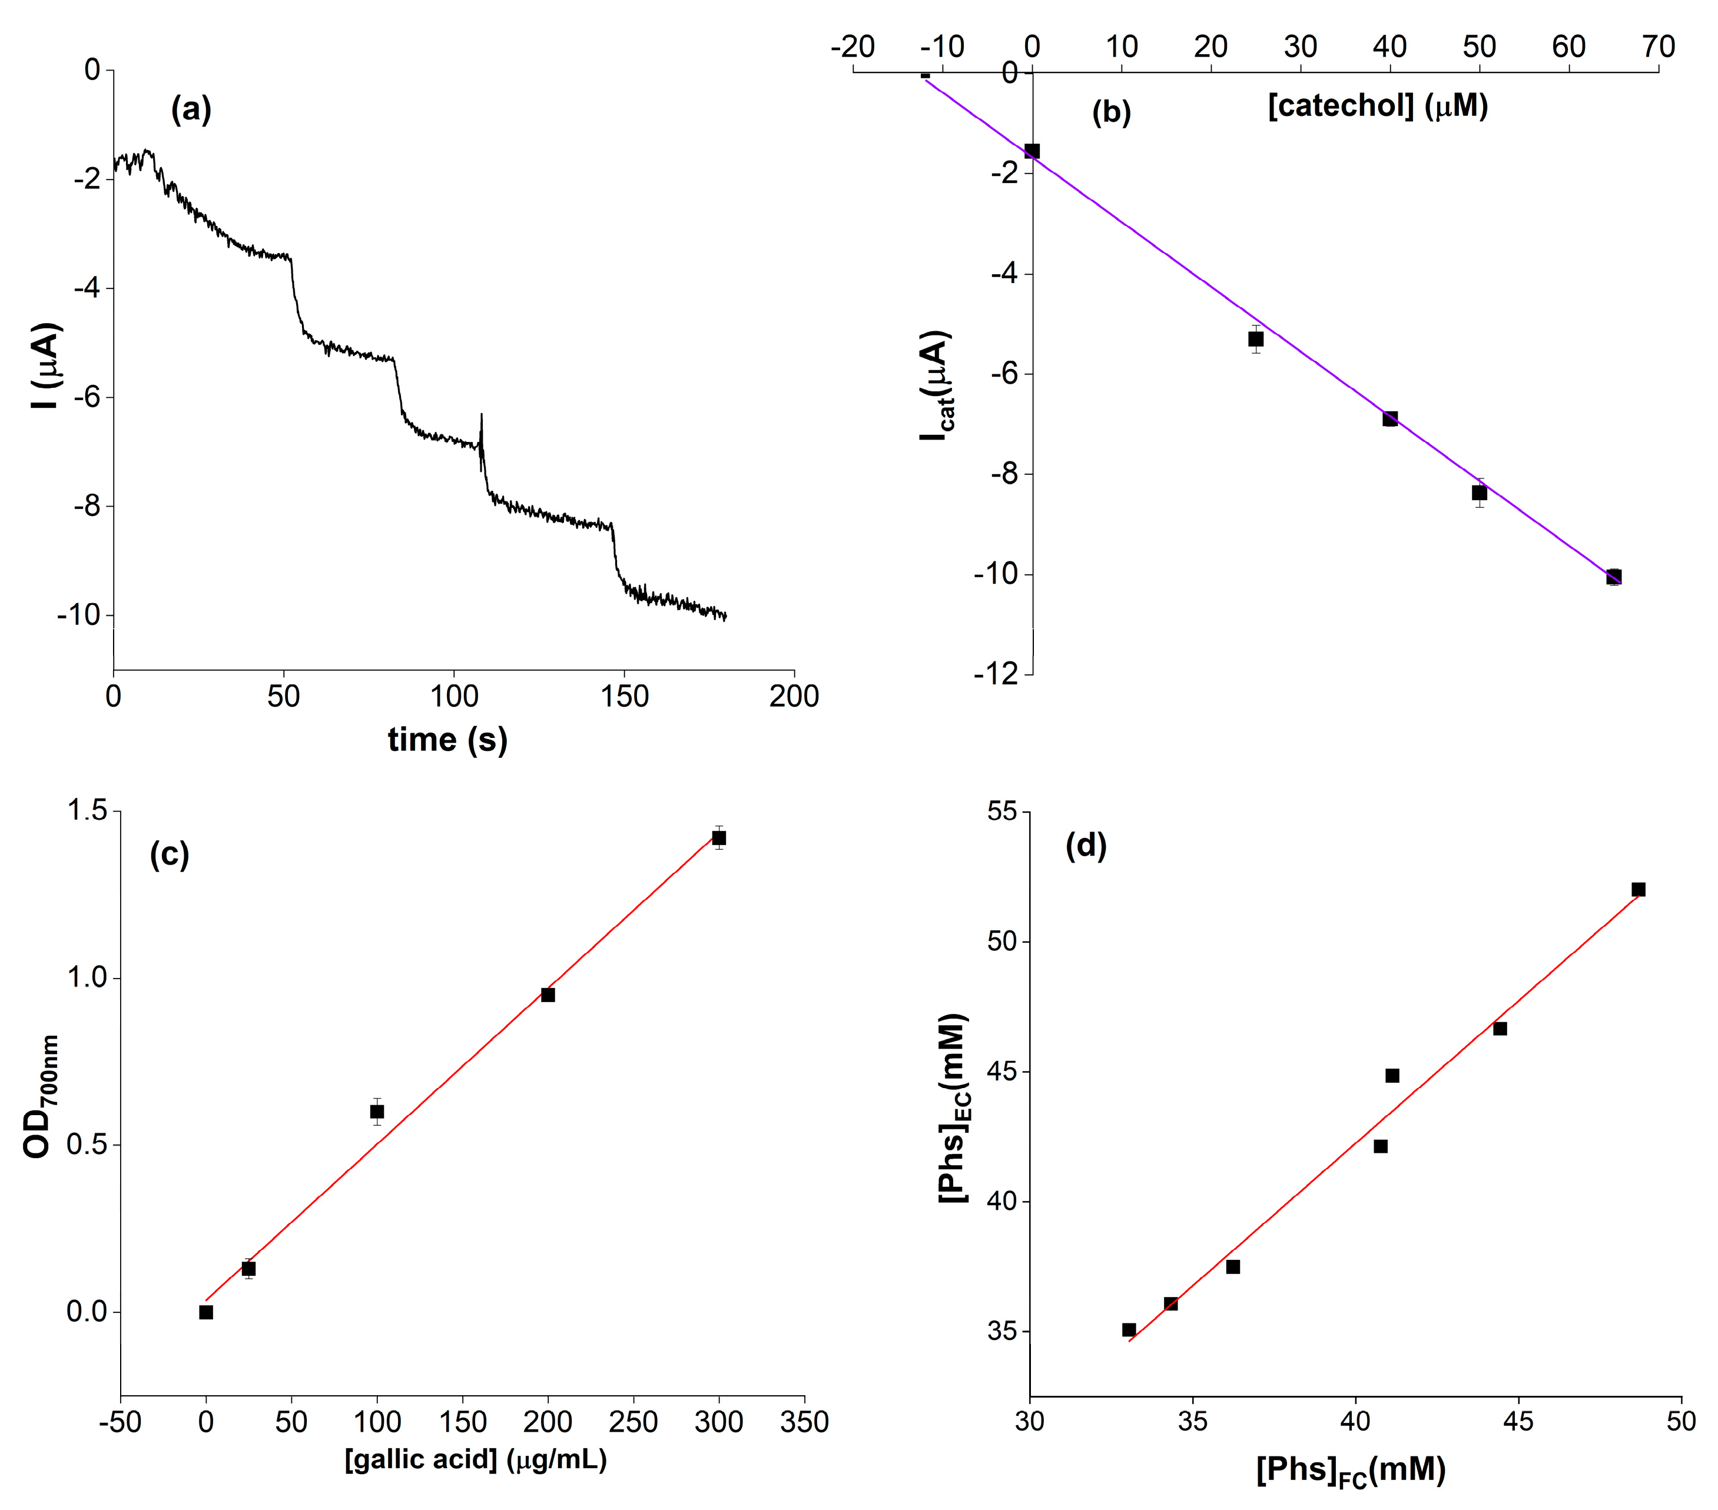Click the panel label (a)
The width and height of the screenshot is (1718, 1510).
click(x=191, y=110)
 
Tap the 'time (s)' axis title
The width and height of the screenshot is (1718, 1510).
click(x=447, y=740)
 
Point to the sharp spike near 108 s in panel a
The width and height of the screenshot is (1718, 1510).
click(x=482, y=420)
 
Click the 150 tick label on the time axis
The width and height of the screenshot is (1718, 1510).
click(x=625, y=697)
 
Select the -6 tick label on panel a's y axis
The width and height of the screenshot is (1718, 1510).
click(x=87, y=397)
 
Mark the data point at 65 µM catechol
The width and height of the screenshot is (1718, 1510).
click(x=1614, y=577)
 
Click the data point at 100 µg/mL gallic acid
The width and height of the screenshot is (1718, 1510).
click(x=377, y=1112)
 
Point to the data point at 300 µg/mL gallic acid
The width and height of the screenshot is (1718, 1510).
click(x=719, y=838)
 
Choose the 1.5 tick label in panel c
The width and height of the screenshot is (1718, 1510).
click(x=87, y=811)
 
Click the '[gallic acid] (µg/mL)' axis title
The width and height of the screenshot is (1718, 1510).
click(x=476, y=1459)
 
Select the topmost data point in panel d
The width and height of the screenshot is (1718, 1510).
click(x=1638, y=889)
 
